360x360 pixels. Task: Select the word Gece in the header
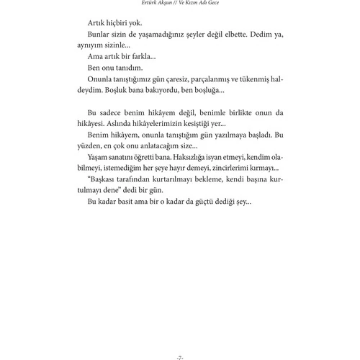click(215, 4)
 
